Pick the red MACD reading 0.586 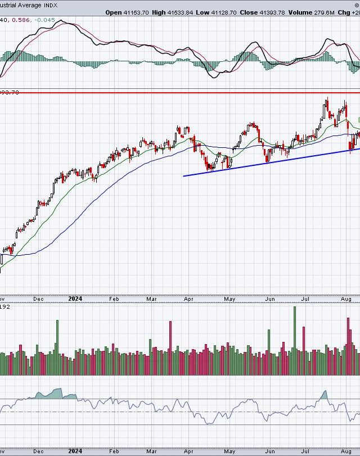22,21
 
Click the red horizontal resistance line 169,92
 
